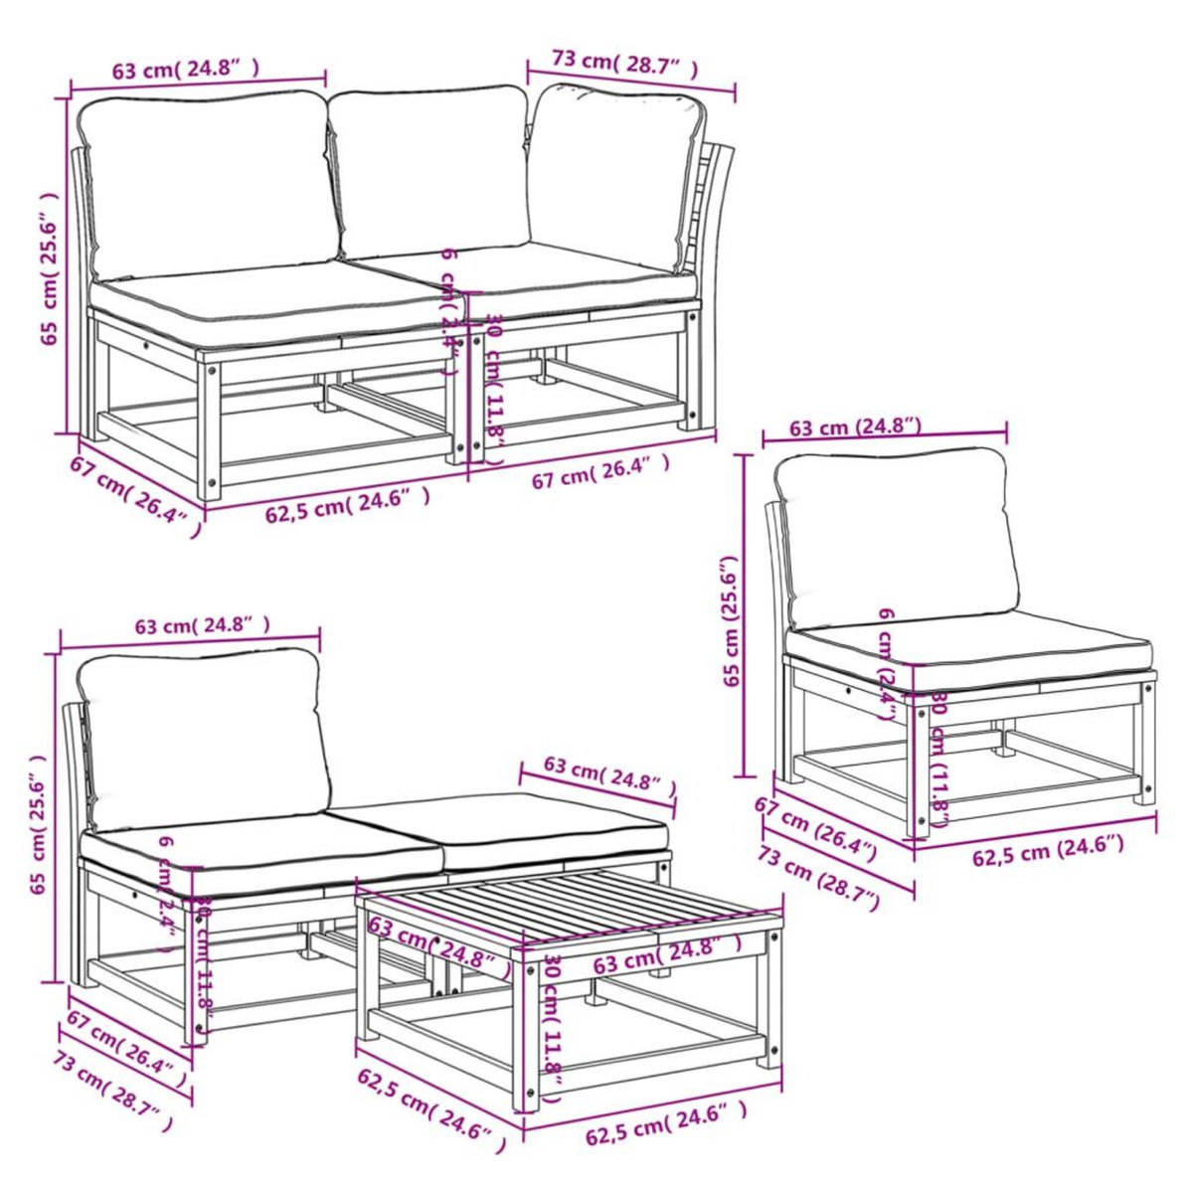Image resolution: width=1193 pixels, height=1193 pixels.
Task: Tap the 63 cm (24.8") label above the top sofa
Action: [187, 70]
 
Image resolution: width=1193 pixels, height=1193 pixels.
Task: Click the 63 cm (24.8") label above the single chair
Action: [855, 427]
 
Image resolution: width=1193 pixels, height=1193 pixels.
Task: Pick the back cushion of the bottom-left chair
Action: [204, 736]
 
